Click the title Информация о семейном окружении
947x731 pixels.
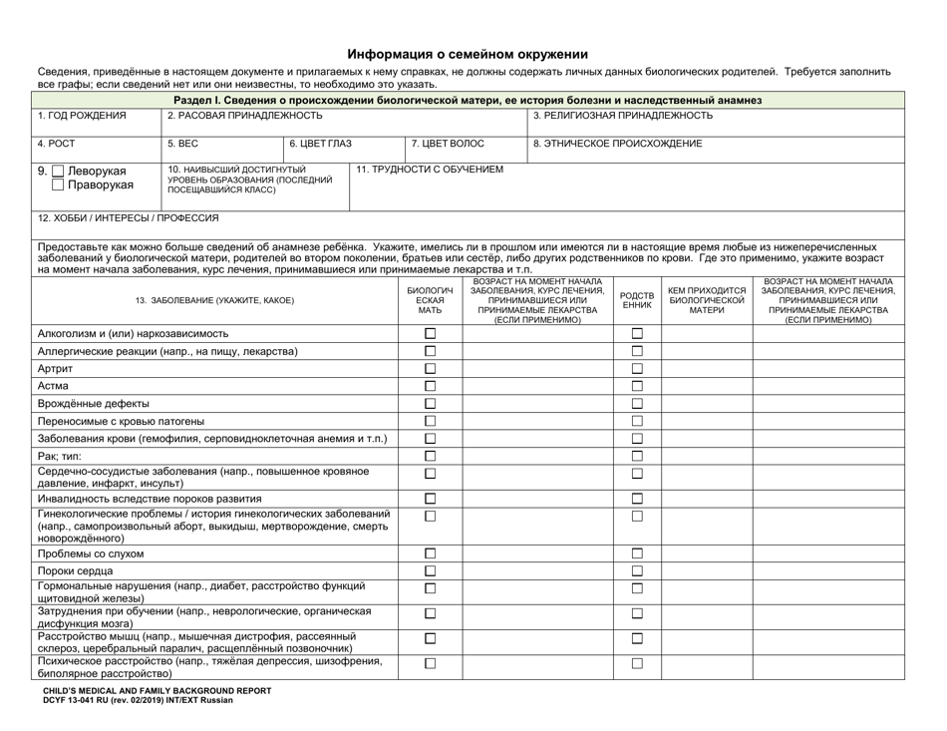coord(467,55)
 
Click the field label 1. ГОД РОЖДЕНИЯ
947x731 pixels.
coord(82,116)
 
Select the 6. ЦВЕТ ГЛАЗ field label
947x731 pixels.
coord(319,144)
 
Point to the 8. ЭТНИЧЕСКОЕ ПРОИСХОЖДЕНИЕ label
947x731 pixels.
coord(617,144)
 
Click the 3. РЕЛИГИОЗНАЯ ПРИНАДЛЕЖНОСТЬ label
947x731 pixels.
coord(623,116)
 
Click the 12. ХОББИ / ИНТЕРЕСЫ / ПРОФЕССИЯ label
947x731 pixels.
coord(128,217)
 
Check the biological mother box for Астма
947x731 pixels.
coord(431,386)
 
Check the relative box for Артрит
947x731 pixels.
coord(638,369)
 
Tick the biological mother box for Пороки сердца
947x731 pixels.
coord(431,570)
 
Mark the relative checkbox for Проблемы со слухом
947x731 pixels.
coord(638,552)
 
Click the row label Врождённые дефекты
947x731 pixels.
coord(94,403)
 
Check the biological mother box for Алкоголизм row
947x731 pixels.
coord(431,333)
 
